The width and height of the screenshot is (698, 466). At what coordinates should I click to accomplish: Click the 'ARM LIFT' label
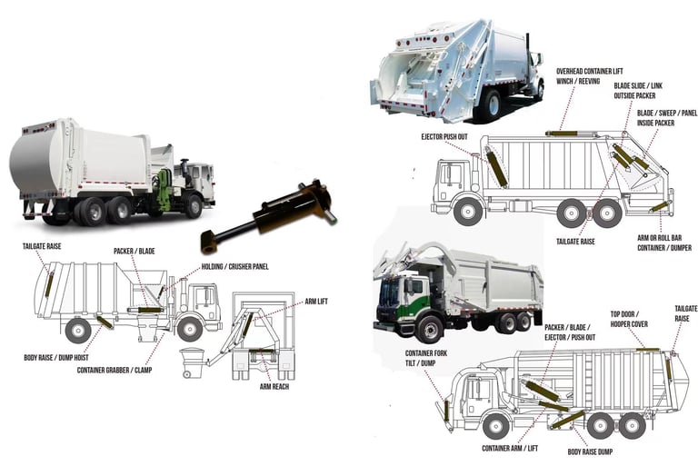coord(316,302)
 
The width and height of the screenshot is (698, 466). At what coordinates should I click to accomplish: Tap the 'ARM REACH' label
coord(274,387)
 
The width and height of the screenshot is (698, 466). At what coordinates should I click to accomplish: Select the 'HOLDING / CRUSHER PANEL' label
coord(234,266)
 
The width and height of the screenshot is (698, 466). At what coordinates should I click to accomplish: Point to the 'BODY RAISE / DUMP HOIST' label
coord(56,357)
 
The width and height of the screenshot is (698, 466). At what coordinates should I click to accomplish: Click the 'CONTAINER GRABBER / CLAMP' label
coord(115,370)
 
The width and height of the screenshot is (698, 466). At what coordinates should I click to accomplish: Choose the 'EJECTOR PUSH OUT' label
coord(444,136)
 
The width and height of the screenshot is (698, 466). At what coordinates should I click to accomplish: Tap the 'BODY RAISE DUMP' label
coord(590,451)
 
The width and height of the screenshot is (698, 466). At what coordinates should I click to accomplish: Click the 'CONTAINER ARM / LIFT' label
coord(510,448)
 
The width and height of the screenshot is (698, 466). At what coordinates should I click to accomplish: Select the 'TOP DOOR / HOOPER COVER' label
coord(629,319)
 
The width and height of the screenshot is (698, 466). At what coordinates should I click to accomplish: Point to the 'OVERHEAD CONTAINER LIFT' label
coord(589,71)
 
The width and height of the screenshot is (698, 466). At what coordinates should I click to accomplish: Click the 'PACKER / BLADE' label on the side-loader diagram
coord(134,251)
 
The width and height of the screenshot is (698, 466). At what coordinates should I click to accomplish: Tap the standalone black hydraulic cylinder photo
coord(268,215)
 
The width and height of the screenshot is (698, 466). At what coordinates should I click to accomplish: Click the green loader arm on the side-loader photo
coord(163,190)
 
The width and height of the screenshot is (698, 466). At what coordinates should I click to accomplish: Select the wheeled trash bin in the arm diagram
coord(192,362)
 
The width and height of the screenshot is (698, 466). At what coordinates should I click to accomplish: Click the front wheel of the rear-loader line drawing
coord(468,212)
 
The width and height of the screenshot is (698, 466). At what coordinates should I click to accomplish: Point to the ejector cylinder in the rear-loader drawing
coord(497,168)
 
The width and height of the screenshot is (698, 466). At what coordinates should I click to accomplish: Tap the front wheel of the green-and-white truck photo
coord(430,330)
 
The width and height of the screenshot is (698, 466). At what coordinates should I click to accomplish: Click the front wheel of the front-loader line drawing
coord(495,426)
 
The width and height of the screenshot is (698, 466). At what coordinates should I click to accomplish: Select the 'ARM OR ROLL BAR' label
coord(659,238)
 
